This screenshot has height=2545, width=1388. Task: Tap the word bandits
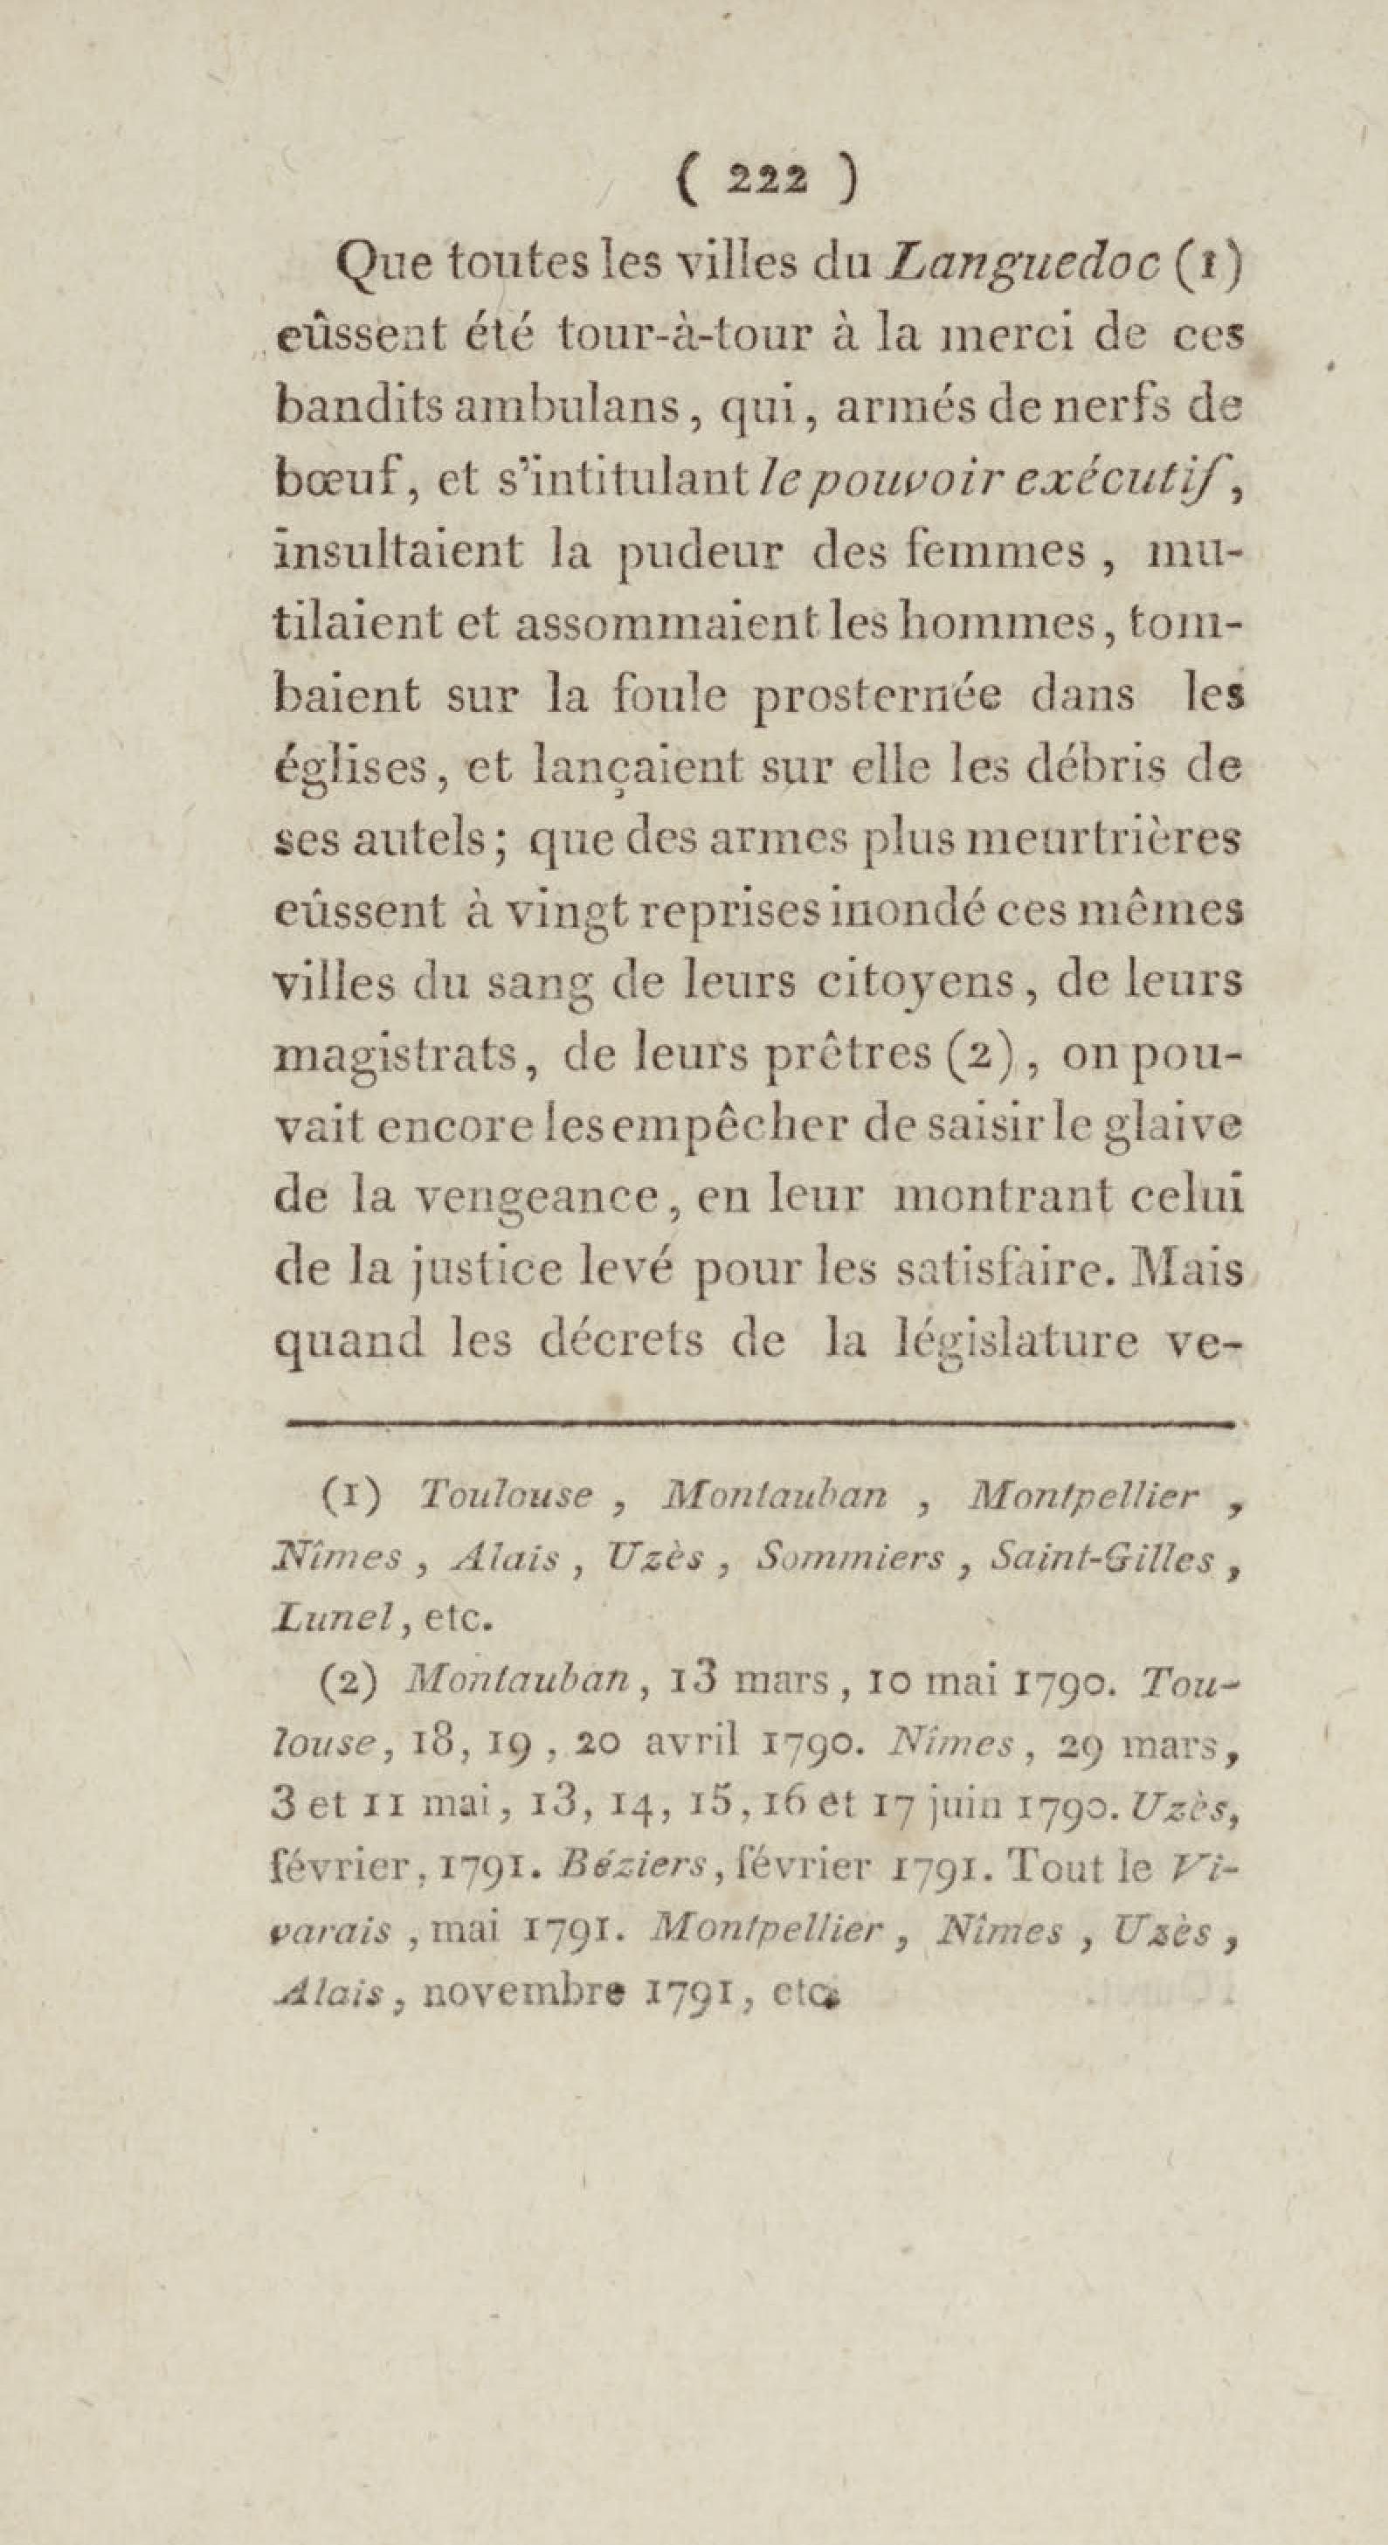click(x=357, y=408)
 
